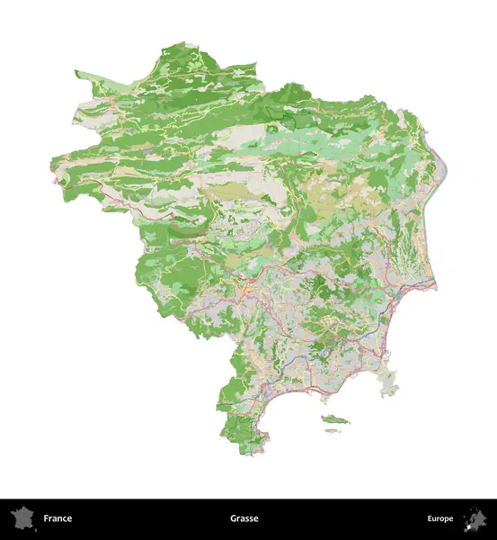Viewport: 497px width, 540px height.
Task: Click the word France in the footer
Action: (58, 518)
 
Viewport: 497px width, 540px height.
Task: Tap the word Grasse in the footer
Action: (244, 518)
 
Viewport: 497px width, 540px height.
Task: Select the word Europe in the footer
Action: (440, 518)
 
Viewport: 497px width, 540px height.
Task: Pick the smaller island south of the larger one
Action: (333, 431)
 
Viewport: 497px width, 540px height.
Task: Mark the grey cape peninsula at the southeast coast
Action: (389, 383)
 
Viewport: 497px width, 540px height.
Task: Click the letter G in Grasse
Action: (233, 518)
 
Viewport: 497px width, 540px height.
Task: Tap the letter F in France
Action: (46, 518)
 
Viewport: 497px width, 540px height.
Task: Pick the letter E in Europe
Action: (430, 518)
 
